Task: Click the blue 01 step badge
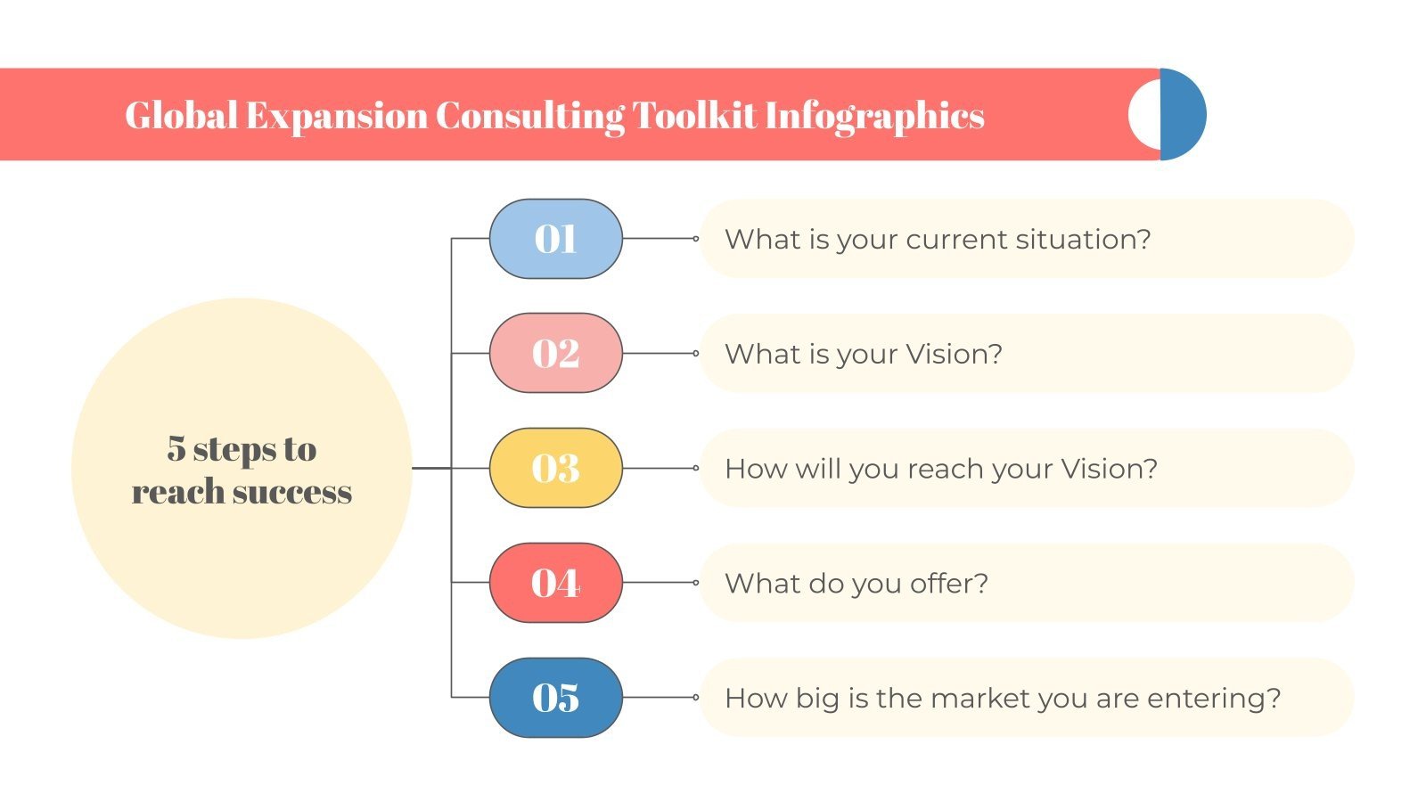[x=555, y=239]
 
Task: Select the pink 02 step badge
[x=555, y=353]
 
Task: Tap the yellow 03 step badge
[x=555, y=468]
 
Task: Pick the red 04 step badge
[x=555, y=583]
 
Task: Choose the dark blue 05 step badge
[x=555, y=698]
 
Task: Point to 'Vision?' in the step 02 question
[x=954, y=354]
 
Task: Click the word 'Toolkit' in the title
[x=694, y=116]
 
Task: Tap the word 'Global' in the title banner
[x=181, y=116]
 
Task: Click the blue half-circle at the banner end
[x=1184, y=114]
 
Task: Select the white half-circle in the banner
[x=1144, y=115]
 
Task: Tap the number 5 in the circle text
[x=176, y=449]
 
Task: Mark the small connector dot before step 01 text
[x=696, y=239]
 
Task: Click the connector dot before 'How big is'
[x=696, y=698]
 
